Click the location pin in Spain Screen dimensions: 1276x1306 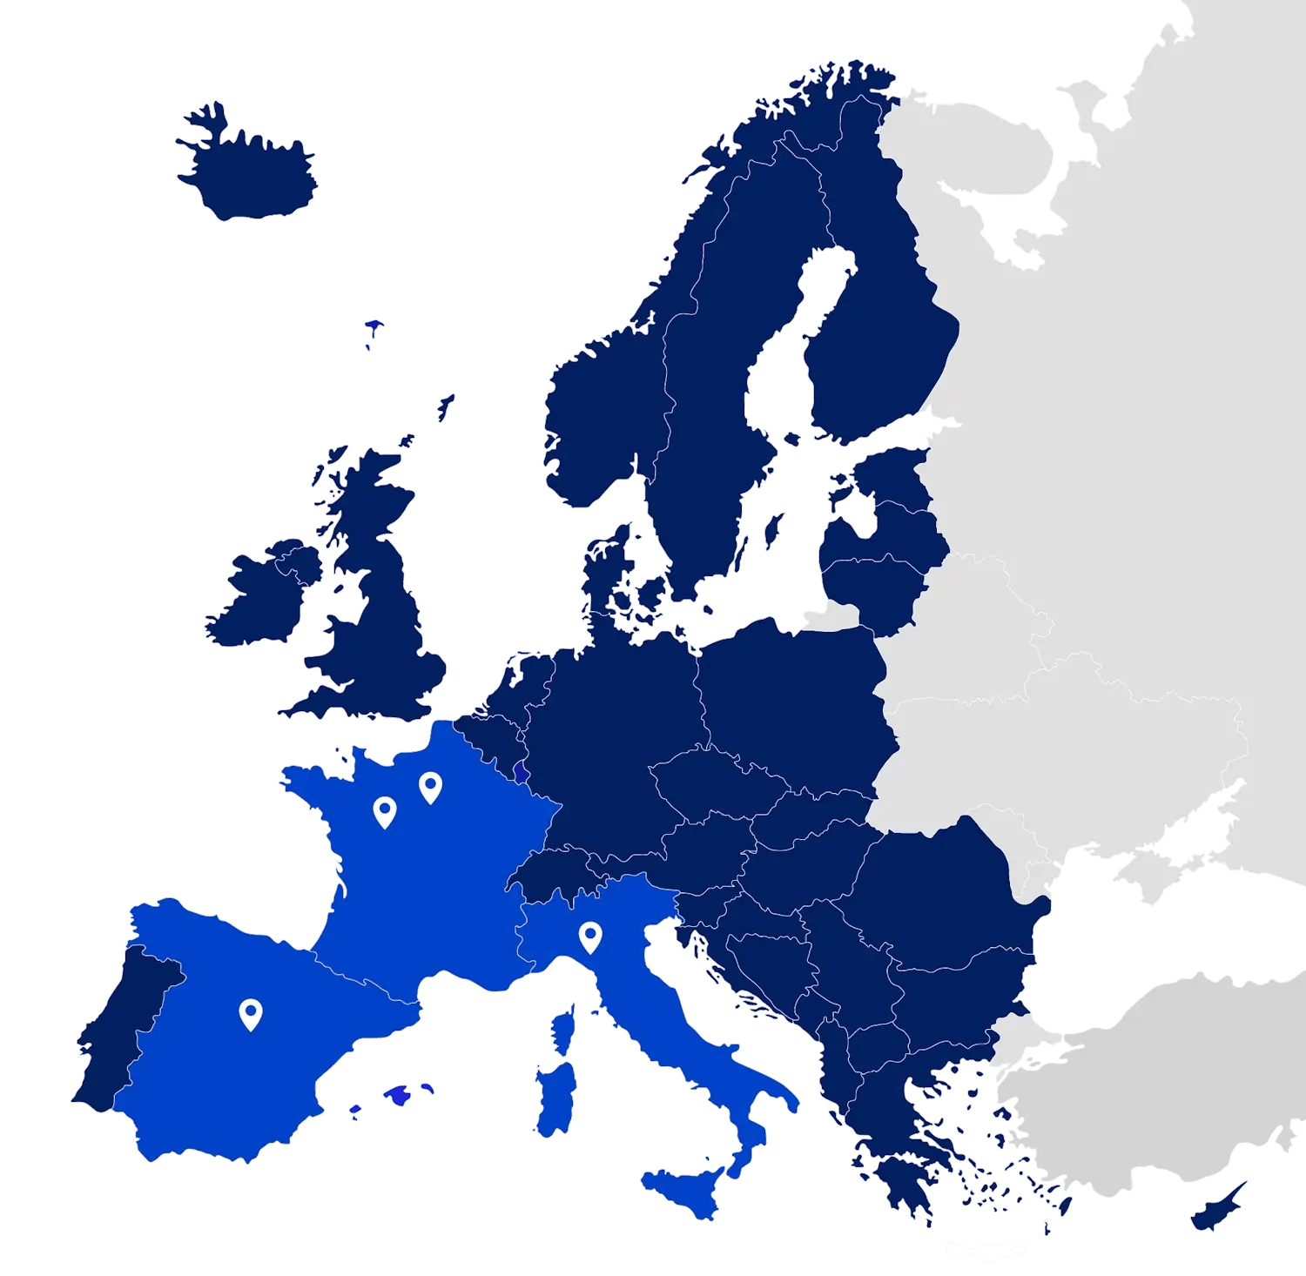[251, 1012]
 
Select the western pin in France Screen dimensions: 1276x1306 [384, 810]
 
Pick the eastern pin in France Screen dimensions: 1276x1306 [430, 786]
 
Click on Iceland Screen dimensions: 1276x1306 [248, 174]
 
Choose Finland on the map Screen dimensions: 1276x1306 [879, 331]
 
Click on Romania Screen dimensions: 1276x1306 [940, 888]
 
